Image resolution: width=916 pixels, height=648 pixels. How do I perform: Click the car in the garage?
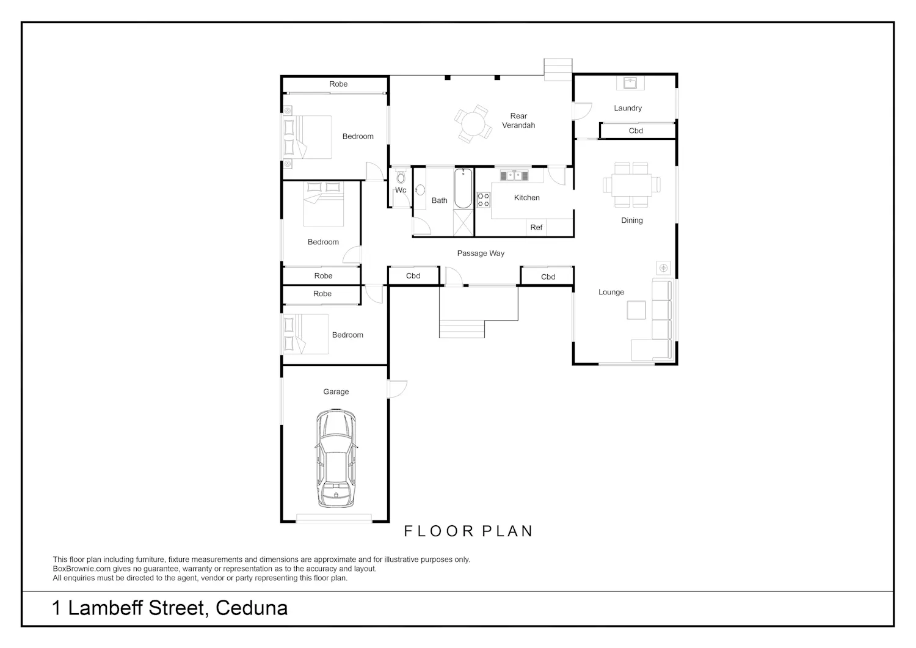click(x=336, y=458)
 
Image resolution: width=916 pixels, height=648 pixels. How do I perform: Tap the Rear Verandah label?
click(x=518, y=121)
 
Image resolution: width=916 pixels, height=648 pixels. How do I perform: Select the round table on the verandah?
click(x=473, y=123)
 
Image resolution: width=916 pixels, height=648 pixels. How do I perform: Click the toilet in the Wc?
click(x=401, y=177)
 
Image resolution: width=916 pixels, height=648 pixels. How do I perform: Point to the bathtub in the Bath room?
click(x=463, y=188)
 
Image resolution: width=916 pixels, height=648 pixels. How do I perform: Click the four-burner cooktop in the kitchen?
click(x=484, y=200)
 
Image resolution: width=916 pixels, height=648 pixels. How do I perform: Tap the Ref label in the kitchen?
click(x=536, y=227)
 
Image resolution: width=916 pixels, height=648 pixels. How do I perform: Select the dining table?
click(x=631, y=185)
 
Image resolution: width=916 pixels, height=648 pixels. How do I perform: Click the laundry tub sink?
click(x=630, y=83)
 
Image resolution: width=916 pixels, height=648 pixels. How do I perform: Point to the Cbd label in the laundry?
click(x=636, y=131)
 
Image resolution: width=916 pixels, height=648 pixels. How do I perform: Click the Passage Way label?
click(x=481, y=253)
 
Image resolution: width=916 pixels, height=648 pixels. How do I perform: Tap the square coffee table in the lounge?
click(x=636, y=310)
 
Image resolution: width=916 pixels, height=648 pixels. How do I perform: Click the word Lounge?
click(x=611, y=292)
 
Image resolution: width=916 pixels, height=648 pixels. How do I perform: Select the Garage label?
click(x=336, y=392)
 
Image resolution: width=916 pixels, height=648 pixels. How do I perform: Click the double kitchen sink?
click(x=514, y=176)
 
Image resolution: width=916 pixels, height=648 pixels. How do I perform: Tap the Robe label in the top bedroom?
click(x=338, y=84)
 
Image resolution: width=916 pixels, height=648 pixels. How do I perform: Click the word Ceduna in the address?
click(x=252, y=608)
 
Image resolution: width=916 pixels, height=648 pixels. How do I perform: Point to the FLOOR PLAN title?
click(x=468, y=531)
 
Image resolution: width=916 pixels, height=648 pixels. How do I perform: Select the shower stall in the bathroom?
click(x=463, y=222)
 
